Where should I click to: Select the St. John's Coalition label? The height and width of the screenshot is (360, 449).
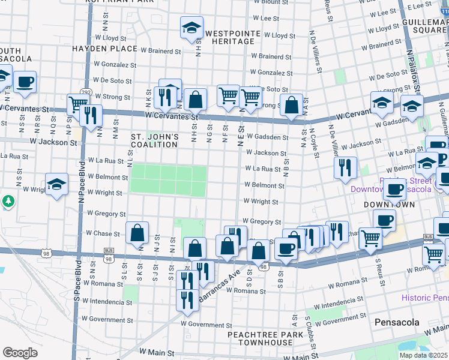[x=155, y=140]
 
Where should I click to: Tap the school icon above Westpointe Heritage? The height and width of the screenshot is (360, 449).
[x=191, y=28]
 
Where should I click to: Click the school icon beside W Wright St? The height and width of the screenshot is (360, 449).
[x=56, y=184]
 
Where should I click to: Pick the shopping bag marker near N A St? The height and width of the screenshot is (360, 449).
[x=292, y=106]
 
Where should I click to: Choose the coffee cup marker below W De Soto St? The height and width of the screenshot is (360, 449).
[x=25, y=82]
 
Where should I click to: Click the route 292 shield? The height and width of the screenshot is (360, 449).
[x=86, y=92]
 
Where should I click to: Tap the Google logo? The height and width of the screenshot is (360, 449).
[x=20, y=353]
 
